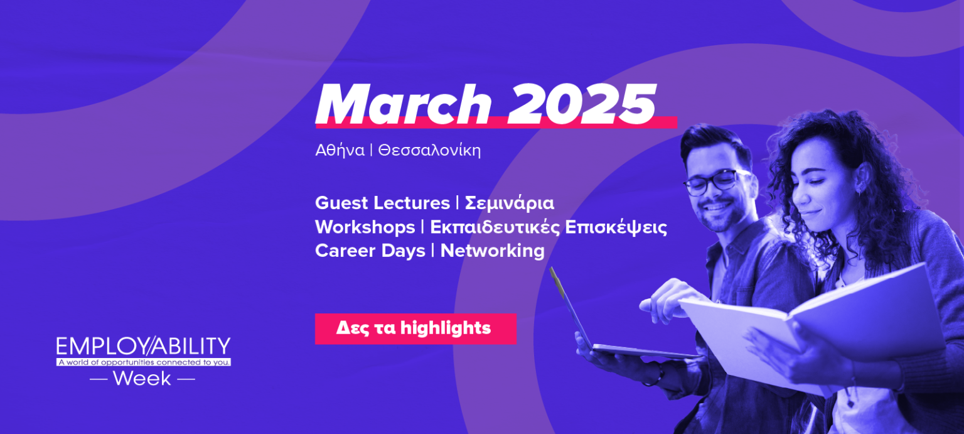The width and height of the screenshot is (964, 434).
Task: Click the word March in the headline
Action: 404,104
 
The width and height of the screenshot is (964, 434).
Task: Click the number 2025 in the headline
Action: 582,104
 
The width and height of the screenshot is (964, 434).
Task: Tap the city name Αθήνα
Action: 340,150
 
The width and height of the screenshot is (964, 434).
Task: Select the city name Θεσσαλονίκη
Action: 429,150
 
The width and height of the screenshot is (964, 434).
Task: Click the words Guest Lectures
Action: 382,203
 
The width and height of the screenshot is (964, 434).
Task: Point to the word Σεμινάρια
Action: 510,203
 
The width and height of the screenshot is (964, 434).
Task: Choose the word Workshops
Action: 365,227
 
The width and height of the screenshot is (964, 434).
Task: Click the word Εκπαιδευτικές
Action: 495,227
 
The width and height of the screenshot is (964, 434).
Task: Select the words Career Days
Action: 370,251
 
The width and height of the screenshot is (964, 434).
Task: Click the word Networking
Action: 492,251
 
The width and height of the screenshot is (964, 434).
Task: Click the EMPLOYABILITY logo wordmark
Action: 143,346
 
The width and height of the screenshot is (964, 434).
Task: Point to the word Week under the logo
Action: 142,379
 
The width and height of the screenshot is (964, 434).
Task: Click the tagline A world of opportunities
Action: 143,362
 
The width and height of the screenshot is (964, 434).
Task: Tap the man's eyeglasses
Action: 717,182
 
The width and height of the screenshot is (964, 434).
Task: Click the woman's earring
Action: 859,192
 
